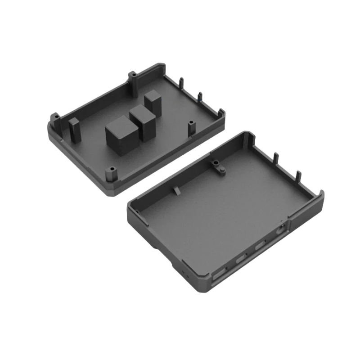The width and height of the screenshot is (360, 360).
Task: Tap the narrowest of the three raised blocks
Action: coord(153,102)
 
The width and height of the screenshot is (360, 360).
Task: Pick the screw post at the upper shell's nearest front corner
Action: coord(111,174)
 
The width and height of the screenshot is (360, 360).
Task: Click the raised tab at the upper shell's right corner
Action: coord(220,113)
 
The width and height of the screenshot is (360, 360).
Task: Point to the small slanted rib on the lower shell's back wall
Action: coord(175,190)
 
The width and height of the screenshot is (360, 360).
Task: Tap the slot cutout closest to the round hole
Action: coord(260,247)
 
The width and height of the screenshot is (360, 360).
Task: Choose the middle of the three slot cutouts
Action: coord(241,260)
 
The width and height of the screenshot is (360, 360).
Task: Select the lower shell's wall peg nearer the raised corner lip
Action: coord(297,175)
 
